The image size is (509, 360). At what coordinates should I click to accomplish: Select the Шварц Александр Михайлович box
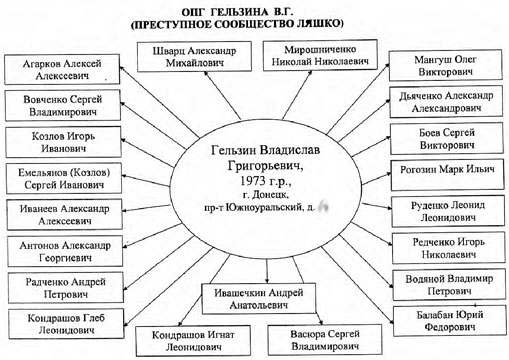[189, 55]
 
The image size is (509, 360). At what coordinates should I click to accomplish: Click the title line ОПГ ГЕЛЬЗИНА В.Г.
[254, 8]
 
